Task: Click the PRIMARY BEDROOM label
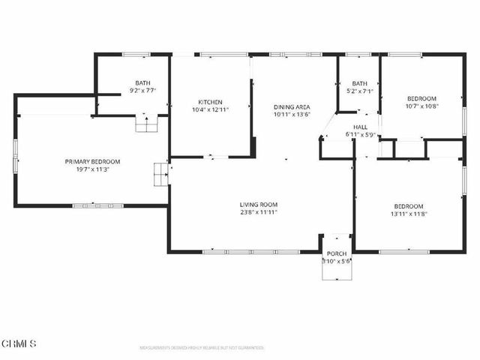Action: pos(92,161)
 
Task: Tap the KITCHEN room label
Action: pos(210,102)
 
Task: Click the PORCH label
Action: pos(336,253)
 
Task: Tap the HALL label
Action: pos(360,127)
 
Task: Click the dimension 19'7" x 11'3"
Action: pos(92,169)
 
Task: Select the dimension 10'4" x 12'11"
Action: pos(210,110)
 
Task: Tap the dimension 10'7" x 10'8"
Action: pos(421,106)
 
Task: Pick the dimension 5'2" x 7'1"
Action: pos(360,91)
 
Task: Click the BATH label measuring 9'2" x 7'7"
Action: pos(142,83)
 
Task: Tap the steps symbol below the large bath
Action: pos(145,124)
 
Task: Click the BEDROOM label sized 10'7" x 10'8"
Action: pos(421,98)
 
